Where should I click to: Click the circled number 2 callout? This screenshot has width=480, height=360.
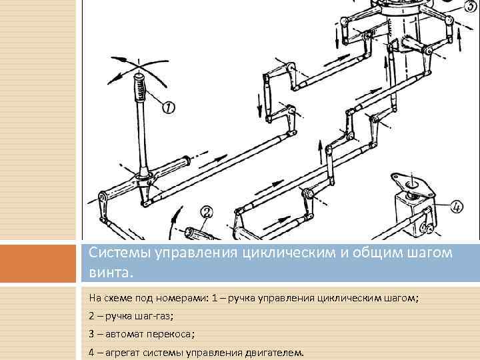[x=207, y=213]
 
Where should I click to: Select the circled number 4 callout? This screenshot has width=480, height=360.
[x=457, y=206]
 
